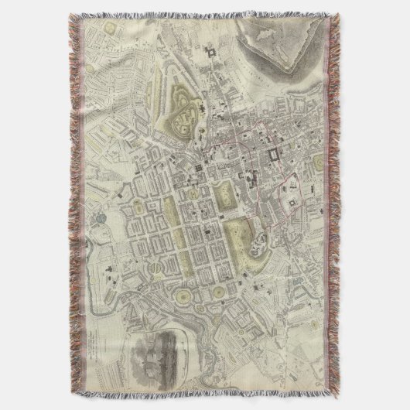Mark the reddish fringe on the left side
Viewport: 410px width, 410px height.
coord(76,205)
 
